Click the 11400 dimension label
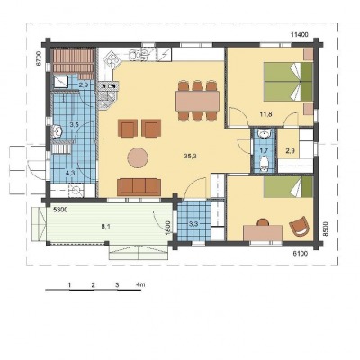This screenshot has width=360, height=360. (300, 34)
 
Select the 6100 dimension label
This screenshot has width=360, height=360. (300, 254)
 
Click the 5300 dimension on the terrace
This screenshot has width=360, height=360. (60, 211)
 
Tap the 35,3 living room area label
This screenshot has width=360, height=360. (191, 156)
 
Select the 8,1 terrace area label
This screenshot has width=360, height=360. (106, 227)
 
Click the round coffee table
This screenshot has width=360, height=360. (138, 157)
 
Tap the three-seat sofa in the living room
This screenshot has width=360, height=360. (139, 186)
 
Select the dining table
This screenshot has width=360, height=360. (197, 101)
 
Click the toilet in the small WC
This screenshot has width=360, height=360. (264, 164)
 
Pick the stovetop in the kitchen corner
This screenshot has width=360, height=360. (111, 58)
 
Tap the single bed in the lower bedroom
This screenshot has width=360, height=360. (289, 186)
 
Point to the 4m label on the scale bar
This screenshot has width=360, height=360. (140, 284)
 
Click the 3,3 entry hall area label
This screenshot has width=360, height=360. (193, 224)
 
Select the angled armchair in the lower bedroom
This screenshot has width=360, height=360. (299, 225)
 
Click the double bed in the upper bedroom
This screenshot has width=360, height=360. (289, 82)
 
